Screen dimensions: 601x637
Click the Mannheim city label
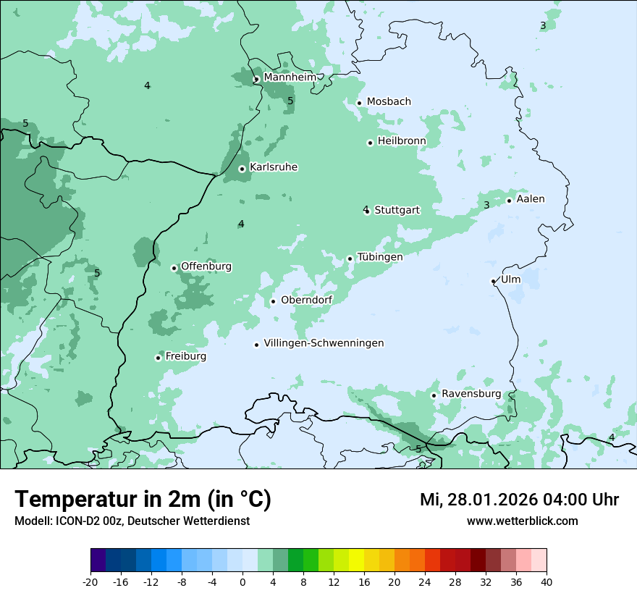[x=290, y=77]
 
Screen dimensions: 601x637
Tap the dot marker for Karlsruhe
[x=242, y=169]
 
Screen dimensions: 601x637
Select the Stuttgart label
[x=397, y=210]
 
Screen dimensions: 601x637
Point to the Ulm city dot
[x=494, y=281]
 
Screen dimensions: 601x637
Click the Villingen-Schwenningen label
[x=324, y=343]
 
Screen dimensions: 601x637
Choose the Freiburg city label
[x=185, y=356]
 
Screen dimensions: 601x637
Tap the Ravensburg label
[x=471, y=393]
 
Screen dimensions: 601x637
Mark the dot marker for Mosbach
[x=359, y=103]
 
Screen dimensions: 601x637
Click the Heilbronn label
[x=402, y=140]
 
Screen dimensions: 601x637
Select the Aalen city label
[x=531, y=198]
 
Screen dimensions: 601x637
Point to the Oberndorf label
[x=306, y=300]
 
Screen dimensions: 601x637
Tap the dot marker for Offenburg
[x=174, y=268]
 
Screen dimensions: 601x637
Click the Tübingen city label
[x=380, y=256]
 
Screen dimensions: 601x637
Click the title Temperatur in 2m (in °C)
[x=143, y=499]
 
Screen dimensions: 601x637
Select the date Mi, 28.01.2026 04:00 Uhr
[x=519, y=500]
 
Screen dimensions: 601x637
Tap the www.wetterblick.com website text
[x=522, y=521]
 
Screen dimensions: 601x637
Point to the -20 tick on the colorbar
[x=90, y=581]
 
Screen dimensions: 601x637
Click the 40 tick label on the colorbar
[x=547, y=581]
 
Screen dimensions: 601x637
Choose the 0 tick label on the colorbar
[x=242, y=581]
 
